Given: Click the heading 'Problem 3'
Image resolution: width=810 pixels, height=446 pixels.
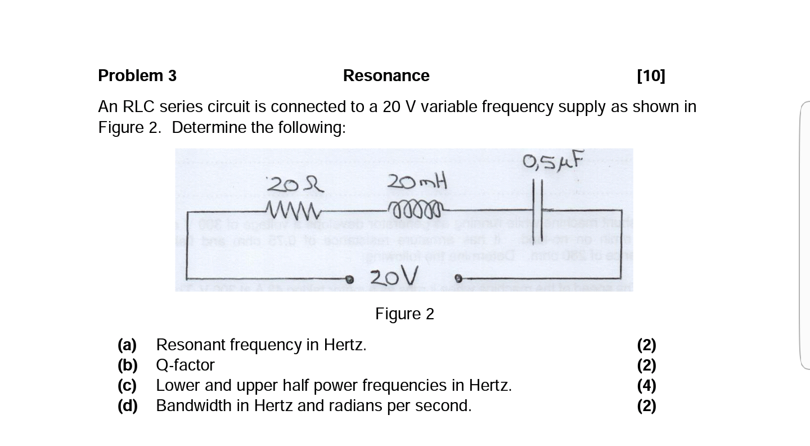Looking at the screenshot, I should (x=137, y=76).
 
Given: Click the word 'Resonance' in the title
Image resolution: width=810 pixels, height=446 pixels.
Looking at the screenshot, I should (x=386, y=76).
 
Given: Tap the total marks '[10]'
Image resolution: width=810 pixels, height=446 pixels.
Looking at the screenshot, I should (x=651, y=76).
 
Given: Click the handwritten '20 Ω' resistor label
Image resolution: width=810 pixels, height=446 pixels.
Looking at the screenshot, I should (x=295, y=184).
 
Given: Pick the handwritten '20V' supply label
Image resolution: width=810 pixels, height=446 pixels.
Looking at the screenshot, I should (x=394, y=276).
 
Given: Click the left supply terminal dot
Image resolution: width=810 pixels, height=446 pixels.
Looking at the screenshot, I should (x=349, y=279).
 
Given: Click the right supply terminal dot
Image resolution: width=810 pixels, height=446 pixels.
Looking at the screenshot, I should (x=458, y=278).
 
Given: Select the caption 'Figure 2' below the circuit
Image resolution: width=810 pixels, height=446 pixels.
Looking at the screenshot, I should (x=404, y=314).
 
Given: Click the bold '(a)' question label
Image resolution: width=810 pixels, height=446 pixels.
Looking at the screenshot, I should (x=127, y=345).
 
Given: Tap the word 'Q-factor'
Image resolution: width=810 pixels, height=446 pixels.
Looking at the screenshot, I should (x=185, y=365).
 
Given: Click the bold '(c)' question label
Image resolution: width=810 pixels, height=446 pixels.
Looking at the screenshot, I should (x=127, y=386).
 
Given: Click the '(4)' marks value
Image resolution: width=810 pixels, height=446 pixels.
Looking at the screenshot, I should (x=646, y=386).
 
